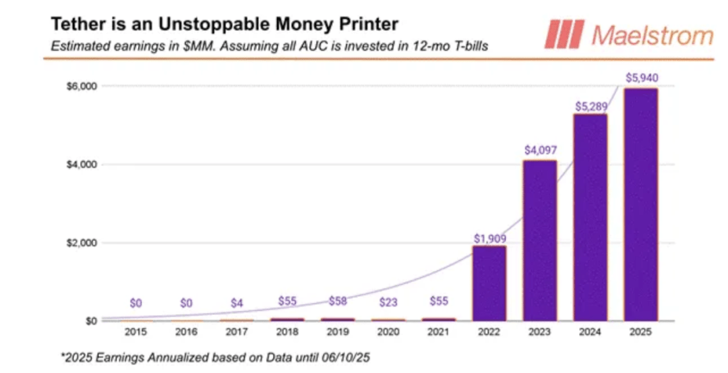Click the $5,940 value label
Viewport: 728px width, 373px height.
641,78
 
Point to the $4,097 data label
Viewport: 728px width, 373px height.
540,150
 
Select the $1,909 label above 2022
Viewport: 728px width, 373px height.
490,237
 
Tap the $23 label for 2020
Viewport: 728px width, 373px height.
388,303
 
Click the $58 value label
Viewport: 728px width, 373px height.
337,301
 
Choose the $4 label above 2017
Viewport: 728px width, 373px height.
237,303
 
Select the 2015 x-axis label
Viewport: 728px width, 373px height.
135,331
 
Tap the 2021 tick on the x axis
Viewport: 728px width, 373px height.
438,331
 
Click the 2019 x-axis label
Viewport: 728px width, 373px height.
337,331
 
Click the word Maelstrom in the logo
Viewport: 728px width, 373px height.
651,35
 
